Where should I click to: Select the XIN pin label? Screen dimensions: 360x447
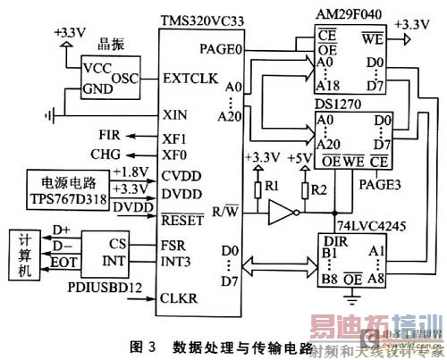(x=174, y=115)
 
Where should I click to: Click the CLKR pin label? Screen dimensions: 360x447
(x=180, y=298)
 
